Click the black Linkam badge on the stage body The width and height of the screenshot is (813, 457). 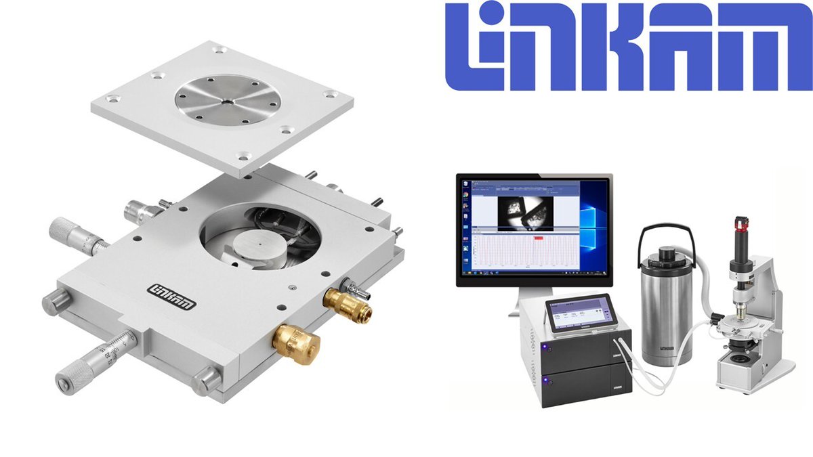coord(171,296)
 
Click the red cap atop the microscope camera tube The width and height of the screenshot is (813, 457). coord(739,224)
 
